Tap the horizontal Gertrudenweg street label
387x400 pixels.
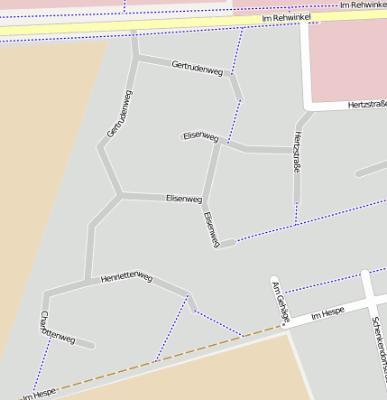pyautogui.click(x=197, y=69)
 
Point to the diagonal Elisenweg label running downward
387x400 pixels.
pyautogui.click(x=212, y=229)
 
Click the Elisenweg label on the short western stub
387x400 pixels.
pyautogui.click(x=200, y=137)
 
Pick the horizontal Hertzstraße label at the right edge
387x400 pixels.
pyautogui.click(x=366, y=106)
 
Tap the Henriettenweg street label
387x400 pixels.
pyautogui.click(x=127, y=278)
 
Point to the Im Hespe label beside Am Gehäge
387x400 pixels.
pyautogui.click(x=327, y=314)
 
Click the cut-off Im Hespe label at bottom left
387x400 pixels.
pyautogui.click(x=40, y=394)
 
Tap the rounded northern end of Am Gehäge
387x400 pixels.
pyautogui.click(x=275, y=280)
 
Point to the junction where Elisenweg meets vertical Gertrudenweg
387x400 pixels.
pyautogui.click(x=120, y=194)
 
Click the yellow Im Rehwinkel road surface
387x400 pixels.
pyautogui.click(x=135, y=26)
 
